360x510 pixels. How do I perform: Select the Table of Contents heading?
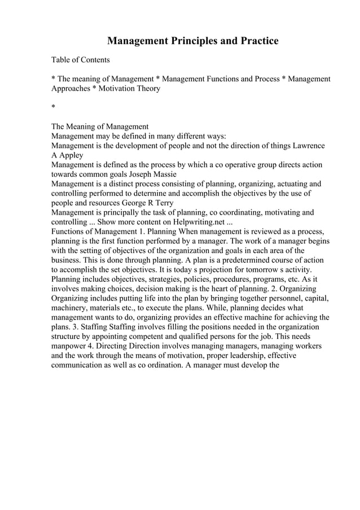[81, 60]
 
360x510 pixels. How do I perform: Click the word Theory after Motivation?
[147, 88]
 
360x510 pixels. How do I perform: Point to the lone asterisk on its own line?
[53, 107]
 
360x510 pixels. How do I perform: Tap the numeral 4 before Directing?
[90, 346]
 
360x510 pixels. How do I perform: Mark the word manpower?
[70, 346]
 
